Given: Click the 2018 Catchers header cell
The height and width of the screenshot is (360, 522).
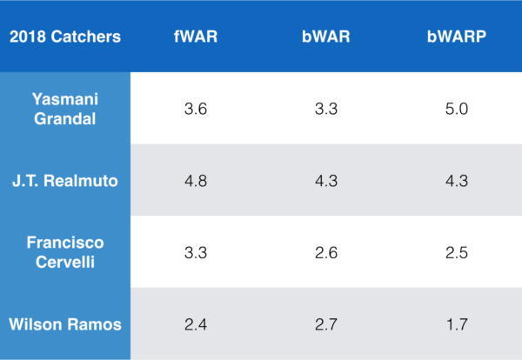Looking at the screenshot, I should pyautogui.click(x=65, y=37).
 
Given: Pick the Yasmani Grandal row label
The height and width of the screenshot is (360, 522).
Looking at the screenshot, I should pyautogui.click(x=65, y=108).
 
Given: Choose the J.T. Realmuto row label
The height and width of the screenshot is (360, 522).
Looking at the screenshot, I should pyautogui.click(x=65, y=180).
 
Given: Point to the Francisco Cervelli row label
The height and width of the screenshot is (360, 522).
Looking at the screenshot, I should pyautogui.click(x=65, y=252).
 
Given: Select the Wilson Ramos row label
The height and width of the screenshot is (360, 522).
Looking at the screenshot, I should pyautogui.click(x=65, y=323).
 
